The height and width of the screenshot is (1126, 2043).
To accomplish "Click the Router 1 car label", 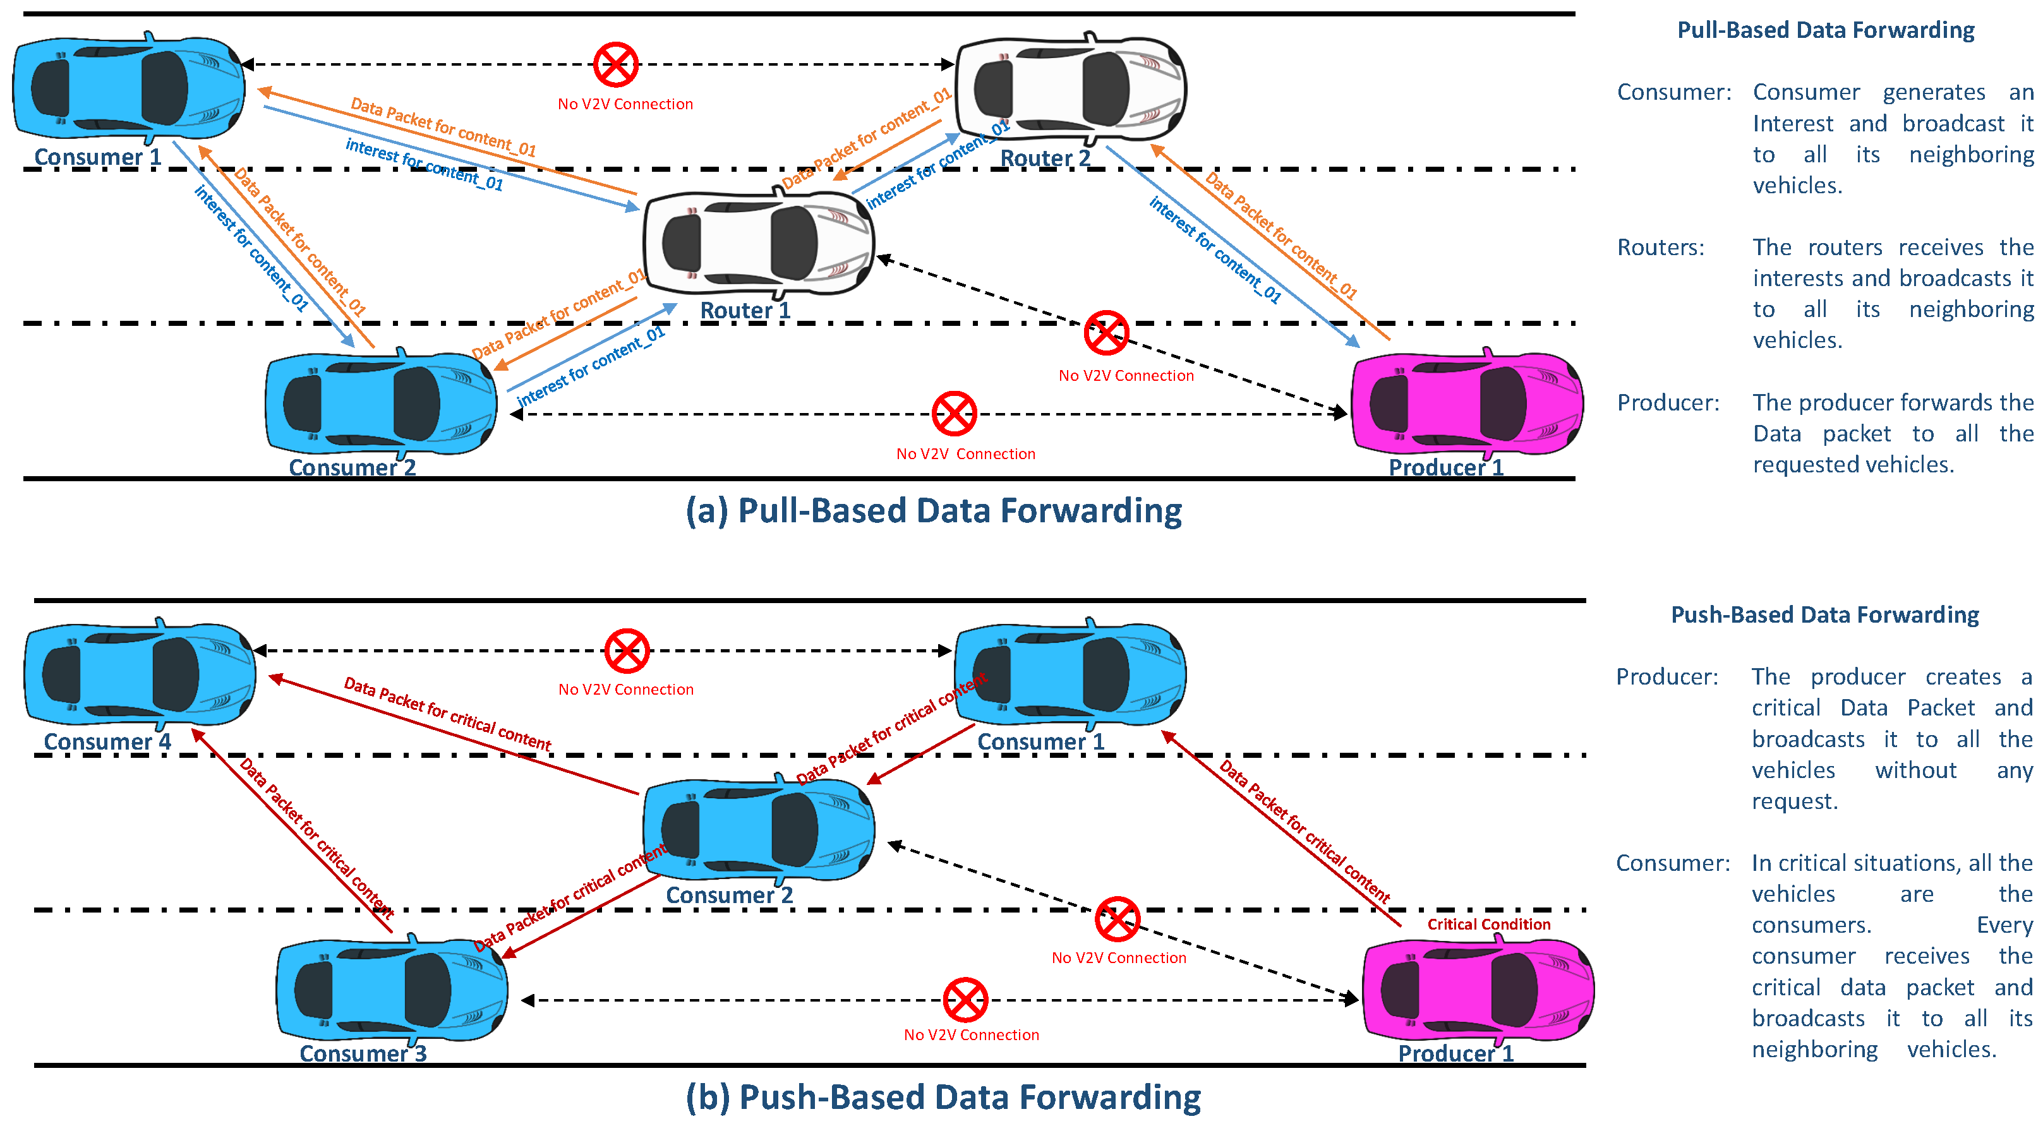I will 745,310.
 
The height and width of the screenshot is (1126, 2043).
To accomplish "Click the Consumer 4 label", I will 107,741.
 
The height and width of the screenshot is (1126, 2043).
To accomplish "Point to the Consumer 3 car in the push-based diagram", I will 391,990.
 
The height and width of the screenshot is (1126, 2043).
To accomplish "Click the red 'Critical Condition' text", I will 1488,924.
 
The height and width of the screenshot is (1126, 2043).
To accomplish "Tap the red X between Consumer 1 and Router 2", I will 615,64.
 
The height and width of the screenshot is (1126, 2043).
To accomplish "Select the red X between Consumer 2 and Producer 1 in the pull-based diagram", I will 953,413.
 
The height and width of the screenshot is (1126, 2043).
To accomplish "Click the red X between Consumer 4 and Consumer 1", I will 627,651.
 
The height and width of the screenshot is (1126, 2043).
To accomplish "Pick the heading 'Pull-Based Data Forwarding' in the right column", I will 1825,30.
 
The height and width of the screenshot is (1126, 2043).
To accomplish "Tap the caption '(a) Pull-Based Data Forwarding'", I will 934,511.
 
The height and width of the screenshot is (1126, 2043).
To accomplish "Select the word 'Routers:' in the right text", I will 1660,248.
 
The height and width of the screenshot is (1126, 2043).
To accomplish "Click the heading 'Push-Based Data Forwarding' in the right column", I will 1824,614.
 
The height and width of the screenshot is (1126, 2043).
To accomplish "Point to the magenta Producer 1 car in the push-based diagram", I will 1478,990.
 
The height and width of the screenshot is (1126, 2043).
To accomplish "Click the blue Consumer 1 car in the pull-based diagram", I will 128,87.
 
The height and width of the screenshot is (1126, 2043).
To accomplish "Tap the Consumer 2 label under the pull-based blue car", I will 352,467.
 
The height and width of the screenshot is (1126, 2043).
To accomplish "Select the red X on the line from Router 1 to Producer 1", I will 1106,332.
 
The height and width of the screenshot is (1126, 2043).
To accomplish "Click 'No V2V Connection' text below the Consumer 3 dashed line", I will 971,1035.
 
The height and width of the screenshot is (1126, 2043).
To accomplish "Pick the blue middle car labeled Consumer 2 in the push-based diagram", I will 758,829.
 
